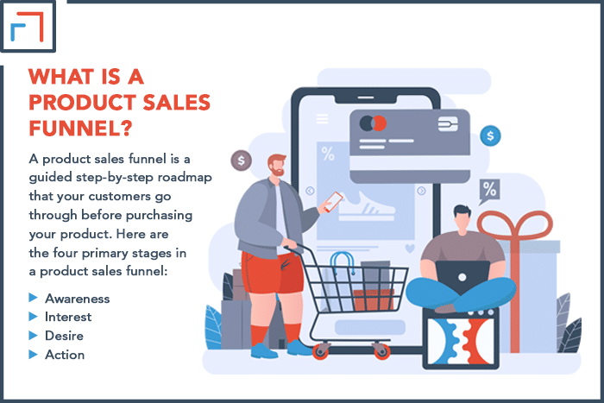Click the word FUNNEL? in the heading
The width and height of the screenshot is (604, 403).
pos(80,128)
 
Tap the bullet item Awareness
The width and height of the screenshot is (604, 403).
pos(77,299)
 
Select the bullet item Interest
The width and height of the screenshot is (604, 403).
pos(68,317)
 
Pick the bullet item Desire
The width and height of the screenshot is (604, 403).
pos(64,336)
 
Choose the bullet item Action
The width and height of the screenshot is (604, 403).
pos(65,355)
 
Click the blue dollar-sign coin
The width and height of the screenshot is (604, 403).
pos(490,135)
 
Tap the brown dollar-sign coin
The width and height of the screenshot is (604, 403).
pos(241,161)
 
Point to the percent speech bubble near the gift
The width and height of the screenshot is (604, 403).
pos(489,191)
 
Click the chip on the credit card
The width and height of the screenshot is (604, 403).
pos(448,123)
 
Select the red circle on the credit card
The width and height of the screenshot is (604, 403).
pos(380,123)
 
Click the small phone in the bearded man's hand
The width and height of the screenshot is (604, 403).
pos(333,202)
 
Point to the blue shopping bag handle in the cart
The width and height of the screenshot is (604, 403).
pos(342,261)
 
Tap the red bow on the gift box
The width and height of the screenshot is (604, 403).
pos(514,224)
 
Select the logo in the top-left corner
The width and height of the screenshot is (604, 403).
pos(28,26)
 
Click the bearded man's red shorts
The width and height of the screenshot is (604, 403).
pos(272,273)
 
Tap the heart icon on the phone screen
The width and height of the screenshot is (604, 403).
pos(410,249)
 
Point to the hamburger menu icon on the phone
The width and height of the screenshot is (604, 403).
pos(323,119)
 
